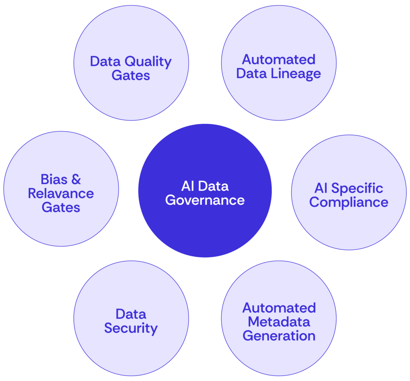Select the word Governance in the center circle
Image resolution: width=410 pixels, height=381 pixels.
coord(205,200)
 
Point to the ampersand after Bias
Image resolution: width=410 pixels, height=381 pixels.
coord(76,179)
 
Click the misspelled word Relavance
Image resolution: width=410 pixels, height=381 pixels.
coord(61,193)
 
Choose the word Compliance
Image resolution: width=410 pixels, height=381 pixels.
coord(349,202)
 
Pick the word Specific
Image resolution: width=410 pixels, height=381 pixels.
coord(357,188)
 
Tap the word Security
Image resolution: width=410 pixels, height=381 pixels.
coord(131,328)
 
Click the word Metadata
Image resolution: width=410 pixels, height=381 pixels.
coord(279,322)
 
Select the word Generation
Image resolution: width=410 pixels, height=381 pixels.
coord(279,336)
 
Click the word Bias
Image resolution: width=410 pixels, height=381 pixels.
coord(54,179)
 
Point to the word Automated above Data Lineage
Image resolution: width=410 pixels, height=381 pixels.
coord(279,60)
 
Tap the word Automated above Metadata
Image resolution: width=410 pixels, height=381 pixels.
coord(279,308)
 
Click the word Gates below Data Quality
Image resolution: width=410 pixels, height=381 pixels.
coord(131,76)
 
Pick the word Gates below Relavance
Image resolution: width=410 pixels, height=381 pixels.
coord(61,208)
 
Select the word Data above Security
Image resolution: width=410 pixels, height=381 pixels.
coord(131,314)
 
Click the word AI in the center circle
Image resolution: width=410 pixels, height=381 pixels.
coord(187,186)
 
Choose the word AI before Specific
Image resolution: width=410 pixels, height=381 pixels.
coord(321,188)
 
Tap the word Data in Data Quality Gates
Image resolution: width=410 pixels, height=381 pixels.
coord(105,62)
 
